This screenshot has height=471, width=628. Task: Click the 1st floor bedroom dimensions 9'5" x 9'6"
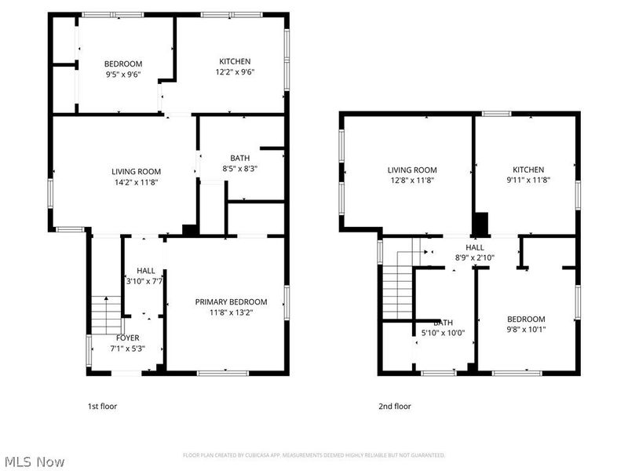tap(122, 76)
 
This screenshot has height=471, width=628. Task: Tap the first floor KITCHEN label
tap(235, 61)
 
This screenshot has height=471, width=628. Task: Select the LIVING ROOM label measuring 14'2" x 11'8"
tap(136, 171)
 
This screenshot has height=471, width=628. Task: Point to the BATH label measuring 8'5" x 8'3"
tap(239, 158)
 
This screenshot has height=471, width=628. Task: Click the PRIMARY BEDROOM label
tap(231, 301)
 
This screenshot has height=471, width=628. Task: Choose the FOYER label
tap(127, 338)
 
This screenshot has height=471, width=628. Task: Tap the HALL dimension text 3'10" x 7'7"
tap(144, 280)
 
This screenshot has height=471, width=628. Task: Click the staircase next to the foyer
tap(104, 313)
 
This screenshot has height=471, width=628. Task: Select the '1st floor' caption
tap(102, 406)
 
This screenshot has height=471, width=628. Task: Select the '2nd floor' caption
tap(395, 406)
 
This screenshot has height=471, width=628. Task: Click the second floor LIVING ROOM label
tap(412, 170)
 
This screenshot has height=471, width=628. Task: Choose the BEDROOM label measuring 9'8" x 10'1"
tap(525, 319)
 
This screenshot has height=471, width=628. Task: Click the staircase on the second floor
tap(398, 290)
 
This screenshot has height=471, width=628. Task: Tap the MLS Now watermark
tap(34, 462)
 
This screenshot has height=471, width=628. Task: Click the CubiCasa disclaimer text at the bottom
tap(314, 455)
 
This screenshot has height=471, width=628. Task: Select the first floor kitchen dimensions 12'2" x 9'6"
tap(235, 71)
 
